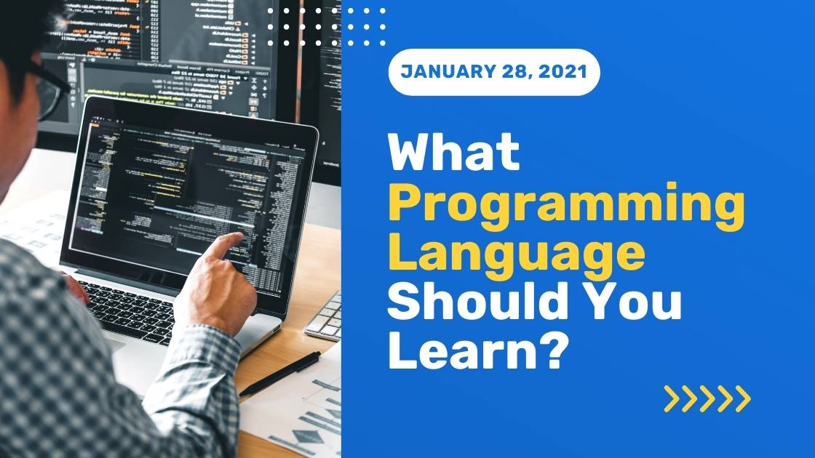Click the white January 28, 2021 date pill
click(x=494, y=72)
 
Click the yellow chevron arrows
click(x=707, y=398)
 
